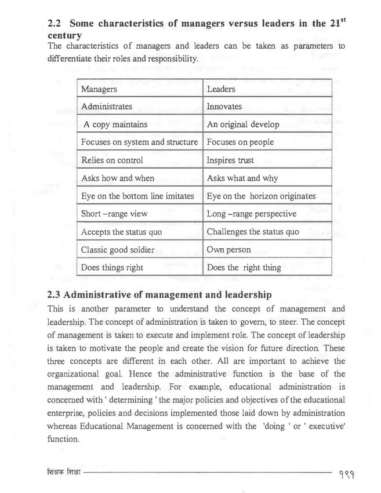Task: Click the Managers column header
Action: point(99,89)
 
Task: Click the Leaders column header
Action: point(221,89)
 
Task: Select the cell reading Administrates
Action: point(107,107)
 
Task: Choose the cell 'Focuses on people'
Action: point(240,142)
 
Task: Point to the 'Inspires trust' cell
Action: point(231,160)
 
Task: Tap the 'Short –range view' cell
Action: point(114,213)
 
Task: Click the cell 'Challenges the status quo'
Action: point(253,231)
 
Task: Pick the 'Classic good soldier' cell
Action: point(118,249)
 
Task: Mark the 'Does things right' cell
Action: point(112,267)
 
